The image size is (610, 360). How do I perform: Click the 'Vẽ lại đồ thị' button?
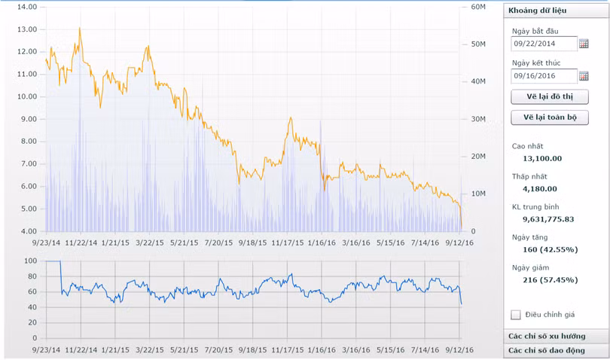549,96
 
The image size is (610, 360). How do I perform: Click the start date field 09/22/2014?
544,44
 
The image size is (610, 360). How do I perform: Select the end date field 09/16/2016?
544,75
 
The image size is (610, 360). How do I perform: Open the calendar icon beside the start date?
584,44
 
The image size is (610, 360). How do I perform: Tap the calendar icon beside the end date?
584,75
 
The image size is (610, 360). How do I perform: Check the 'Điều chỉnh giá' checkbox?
516,314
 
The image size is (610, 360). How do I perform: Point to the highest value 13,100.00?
542,158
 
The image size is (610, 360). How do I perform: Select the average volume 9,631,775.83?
548,218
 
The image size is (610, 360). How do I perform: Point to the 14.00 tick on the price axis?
26,7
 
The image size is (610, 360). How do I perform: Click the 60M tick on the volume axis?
478,7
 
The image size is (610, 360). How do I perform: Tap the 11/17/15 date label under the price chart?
287,243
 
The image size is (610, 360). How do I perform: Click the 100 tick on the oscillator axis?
30,261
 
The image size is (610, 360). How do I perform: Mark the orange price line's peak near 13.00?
80,29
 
